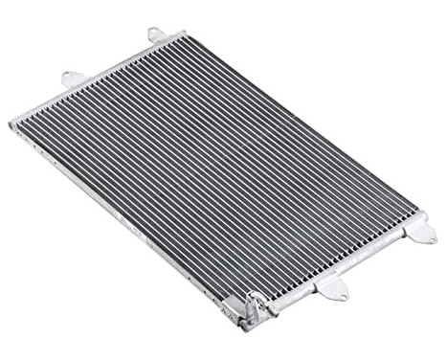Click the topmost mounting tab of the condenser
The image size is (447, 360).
156,35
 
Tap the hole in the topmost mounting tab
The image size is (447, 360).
154,34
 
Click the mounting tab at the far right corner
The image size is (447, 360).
417,230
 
